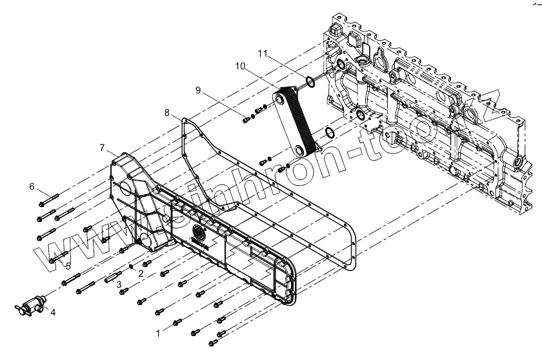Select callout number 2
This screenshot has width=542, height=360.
click(x=141, y=273)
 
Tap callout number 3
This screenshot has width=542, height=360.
click(x=119, y=285)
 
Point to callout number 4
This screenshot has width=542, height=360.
click(x=54, y=313)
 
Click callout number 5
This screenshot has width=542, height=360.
click(x=68, y=265)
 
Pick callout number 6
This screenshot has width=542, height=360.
click(x=31, y=187)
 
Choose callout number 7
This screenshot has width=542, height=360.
click(x=101, y=148)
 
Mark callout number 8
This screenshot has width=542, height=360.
click(x=166, y=112)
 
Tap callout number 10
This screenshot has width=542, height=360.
click(x=239, y=66)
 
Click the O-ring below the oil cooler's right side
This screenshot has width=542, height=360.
click(x=328, y=134)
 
